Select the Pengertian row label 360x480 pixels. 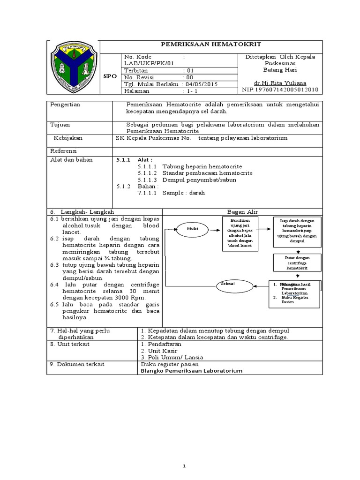[66, 105]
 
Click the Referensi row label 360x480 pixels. [64, 151]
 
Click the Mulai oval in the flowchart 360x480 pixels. [193, 229]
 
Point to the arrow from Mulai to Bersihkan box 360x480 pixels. [214, 229]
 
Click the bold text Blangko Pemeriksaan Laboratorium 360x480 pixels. [191, 370]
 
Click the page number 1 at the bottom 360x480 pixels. [185, 453]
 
